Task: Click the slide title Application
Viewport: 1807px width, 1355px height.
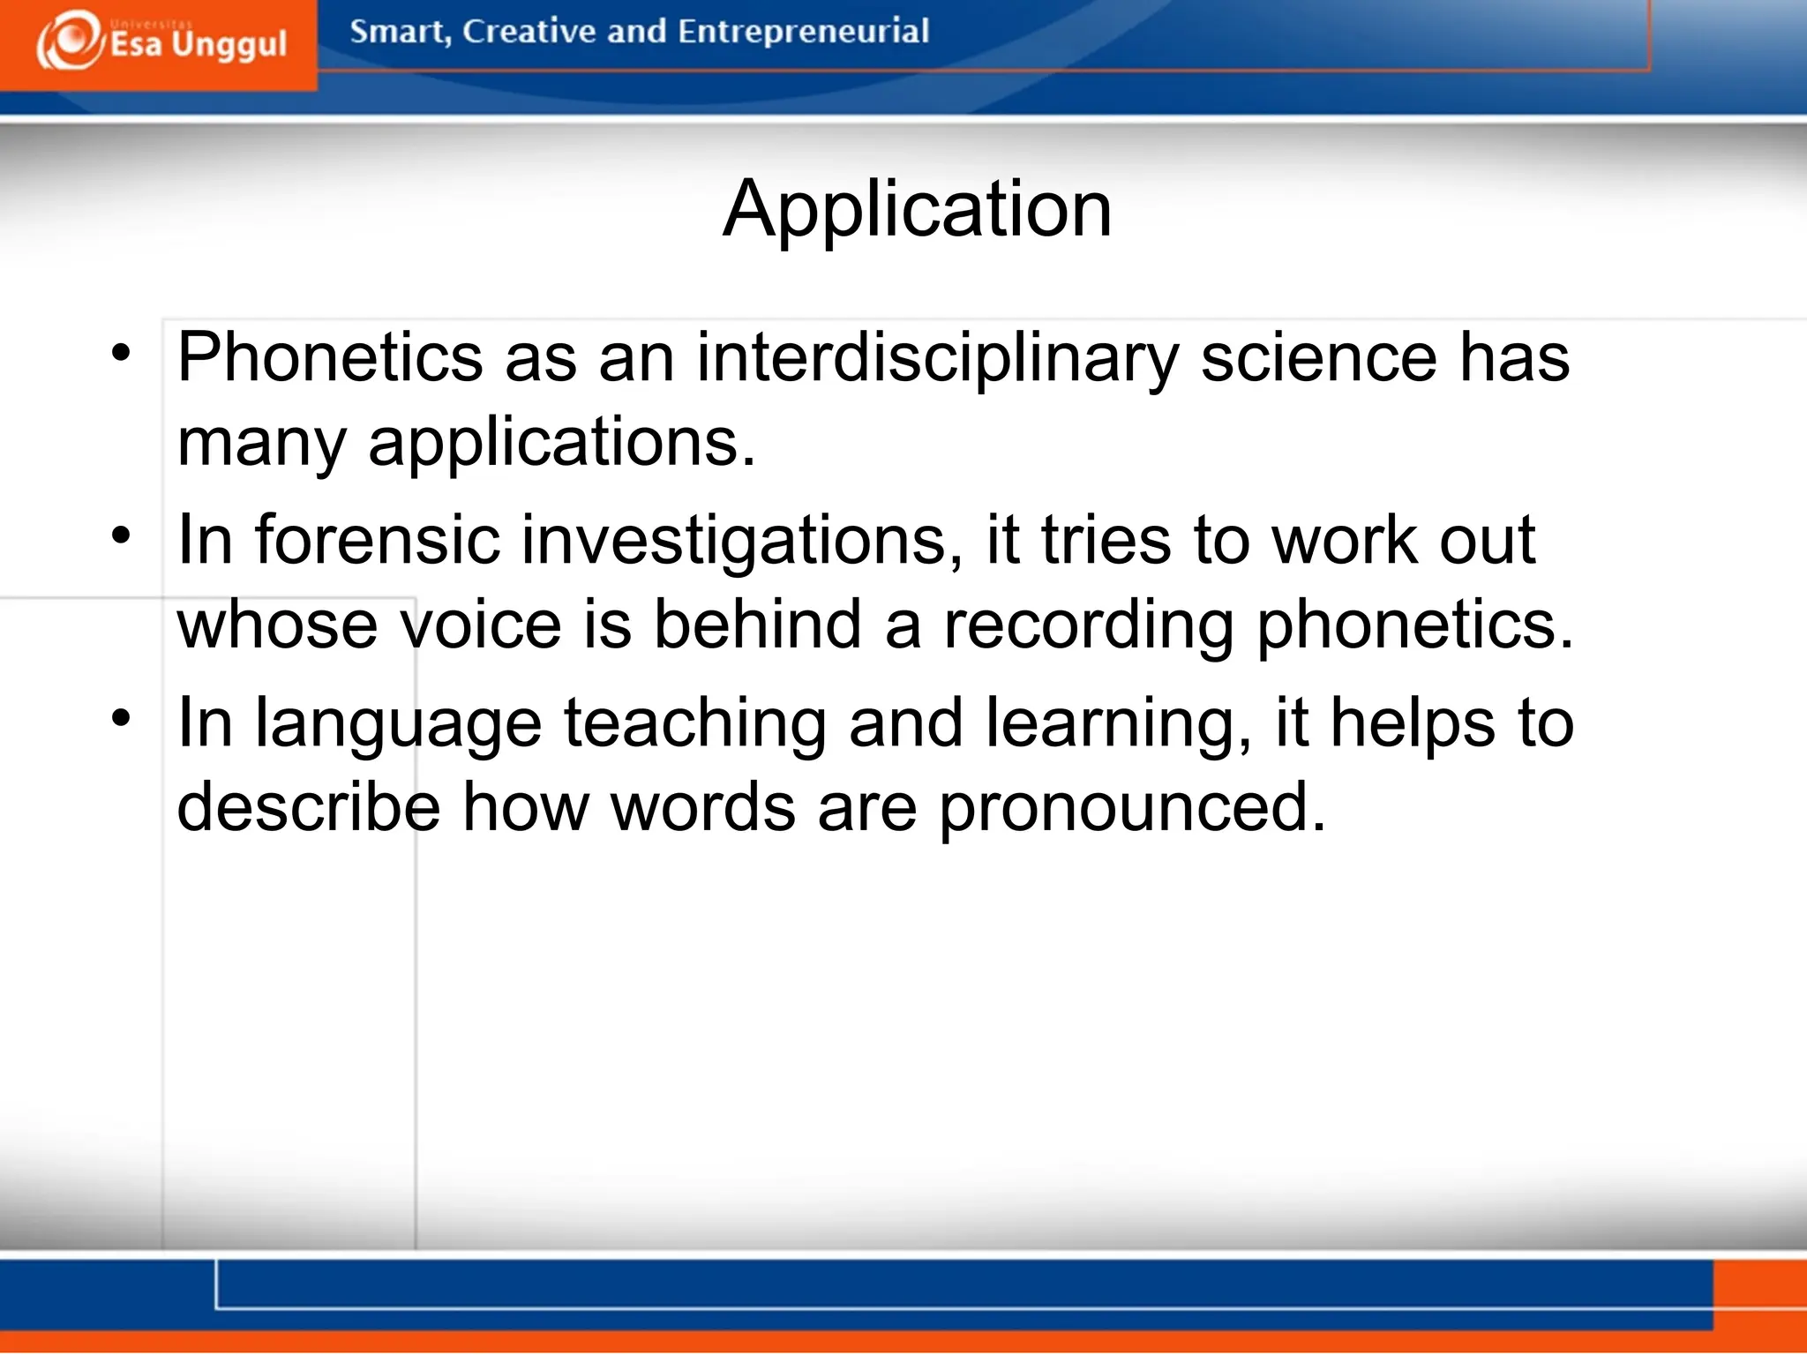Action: tap(917, 209)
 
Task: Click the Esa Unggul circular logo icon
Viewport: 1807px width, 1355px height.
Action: tap(69, 40)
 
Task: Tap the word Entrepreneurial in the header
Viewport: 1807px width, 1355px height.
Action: tap(803, 32)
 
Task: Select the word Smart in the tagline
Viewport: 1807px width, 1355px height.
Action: tap(399, 32)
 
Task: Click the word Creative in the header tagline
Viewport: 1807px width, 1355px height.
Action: tap(529, 32)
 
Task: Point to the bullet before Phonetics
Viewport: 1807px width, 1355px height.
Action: tap(121, 354)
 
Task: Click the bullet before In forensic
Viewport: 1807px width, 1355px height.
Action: tap(121, 535)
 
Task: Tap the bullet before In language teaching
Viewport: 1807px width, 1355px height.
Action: tap(121, 717)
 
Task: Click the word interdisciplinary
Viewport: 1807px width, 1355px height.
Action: tap(937, 358)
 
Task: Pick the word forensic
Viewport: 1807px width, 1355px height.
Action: tap(378, 540)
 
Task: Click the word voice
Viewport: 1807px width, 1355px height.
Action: tap(481, 625)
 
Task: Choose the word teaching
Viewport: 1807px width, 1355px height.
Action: tap(695, 724)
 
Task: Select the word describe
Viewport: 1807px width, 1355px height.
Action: tap(309, 807)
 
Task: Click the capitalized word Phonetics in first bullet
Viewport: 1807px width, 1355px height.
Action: tap(330, 358)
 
